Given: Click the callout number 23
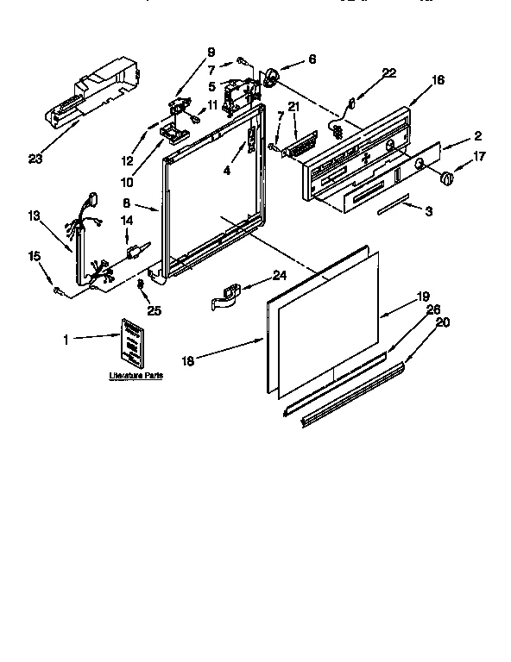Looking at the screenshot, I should point(35,158).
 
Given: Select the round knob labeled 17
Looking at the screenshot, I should point(447,178).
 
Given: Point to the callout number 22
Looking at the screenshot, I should point(389,72).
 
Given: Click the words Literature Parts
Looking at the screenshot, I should point(135,377).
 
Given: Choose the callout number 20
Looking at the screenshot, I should point(443,322).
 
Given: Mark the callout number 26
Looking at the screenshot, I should point(432,309).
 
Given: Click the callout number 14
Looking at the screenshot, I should point(127,221).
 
